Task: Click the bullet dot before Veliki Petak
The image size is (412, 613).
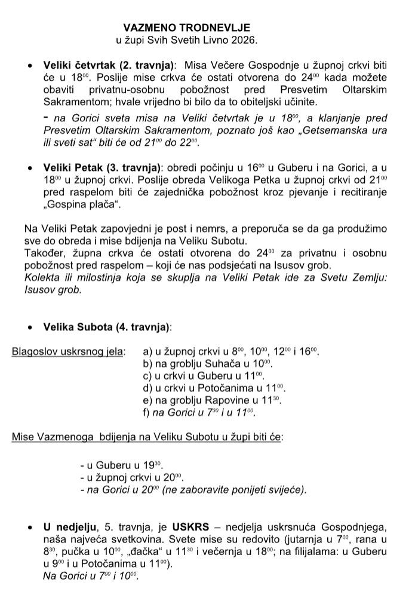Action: click(30, 170)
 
